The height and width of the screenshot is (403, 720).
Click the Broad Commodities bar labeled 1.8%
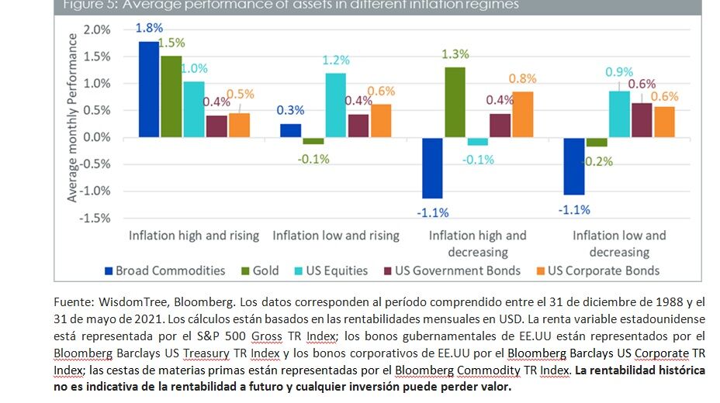click(x=148, y=89)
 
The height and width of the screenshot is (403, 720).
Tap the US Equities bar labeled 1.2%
click(x=336, y=105)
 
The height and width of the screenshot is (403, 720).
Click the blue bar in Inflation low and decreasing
click(x=573, y=166)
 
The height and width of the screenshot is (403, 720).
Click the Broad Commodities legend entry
click(x=164, y=270)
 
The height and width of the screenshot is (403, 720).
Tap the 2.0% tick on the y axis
click(x=97, y=29)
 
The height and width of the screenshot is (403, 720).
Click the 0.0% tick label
click(x=97, y=137)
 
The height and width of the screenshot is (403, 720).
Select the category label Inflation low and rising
click(x=335, y=236)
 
